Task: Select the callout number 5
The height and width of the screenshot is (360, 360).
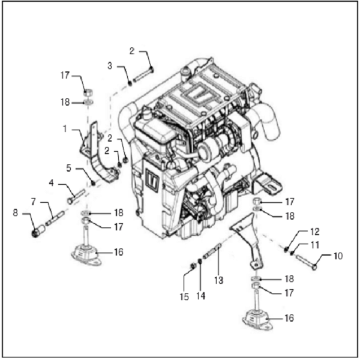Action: pyautogui.click(x=68, y=168)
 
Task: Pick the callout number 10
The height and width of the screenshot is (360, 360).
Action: pyautogui.click(x=338, y=256)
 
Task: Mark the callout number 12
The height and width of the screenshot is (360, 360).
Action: pyautogui.click(x=316, y=231)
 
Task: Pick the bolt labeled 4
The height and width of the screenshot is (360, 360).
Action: pyautogui.click(x=76, y=196)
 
